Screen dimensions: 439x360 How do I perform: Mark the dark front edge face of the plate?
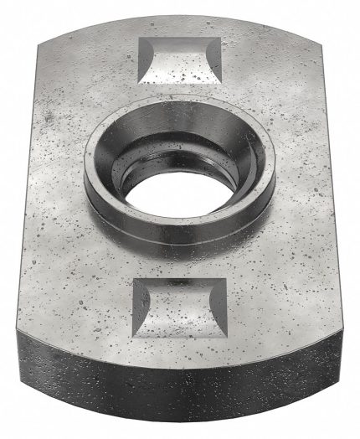(x=180, y=394)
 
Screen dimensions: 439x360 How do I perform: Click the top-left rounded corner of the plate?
(x=44, y=46)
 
